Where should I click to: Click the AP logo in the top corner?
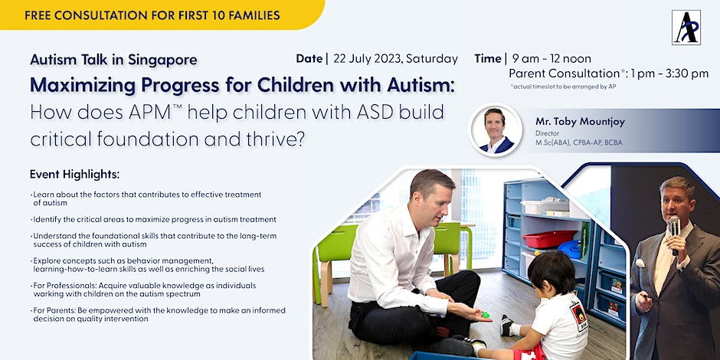[x=686, y=27]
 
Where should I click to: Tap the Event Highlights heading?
[x=74, y=175]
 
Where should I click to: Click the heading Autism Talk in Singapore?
[x=113, y=60]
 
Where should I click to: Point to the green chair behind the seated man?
[x=447, y=241]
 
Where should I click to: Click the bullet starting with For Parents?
[x=158, y=314]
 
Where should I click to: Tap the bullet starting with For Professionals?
[x=144, y=289]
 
